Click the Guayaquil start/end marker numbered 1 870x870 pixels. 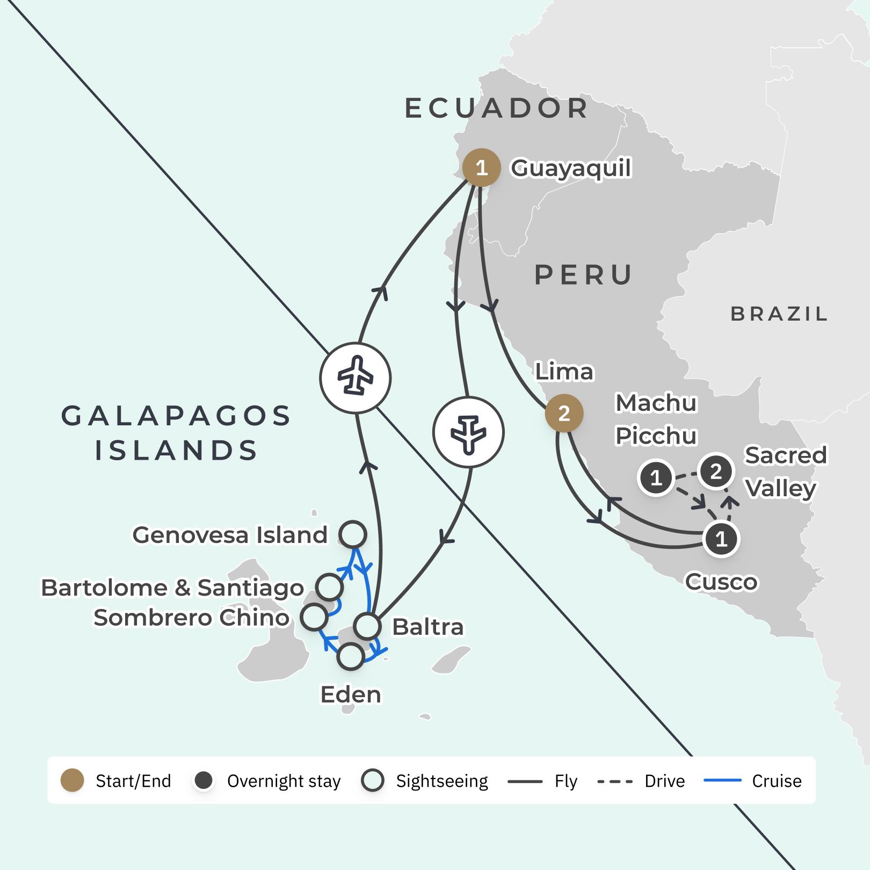[481, 168]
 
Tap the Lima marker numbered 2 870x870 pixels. [564, 414]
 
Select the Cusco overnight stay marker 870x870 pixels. [721, 539]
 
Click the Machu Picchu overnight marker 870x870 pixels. [656, 477]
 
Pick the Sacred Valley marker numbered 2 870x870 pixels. [716, 472]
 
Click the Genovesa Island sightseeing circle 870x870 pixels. [353, 534]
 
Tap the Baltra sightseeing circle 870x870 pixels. [368, 626]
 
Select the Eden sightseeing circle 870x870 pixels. [351, 656]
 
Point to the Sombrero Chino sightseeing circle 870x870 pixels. [314, 617]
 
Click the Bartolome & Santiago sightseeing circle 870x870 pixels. [329, 586]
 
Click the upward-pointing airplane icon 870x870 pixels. [355, 378]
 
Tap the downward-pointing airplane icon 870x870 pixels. [469, 432]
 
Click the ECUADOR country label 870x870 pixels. [496, 108]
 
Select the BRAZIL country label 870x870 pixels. [779, 314]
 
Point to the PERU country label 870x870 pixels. [584, 275]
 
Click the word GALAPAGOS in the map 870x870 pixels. [176, 416]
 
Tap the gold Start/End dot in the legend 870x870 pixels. [73, 780]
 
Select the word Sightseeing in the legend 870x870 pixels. [441, 780]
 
